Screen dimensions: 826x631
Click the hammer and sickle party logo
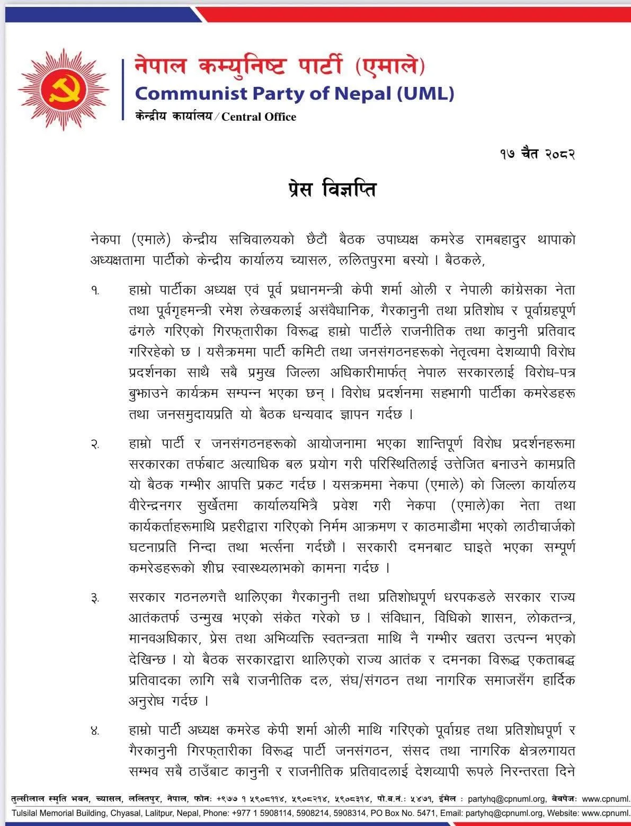tap(64, 89)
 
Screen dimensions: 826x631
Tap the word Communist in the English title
tap(191, 94)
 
